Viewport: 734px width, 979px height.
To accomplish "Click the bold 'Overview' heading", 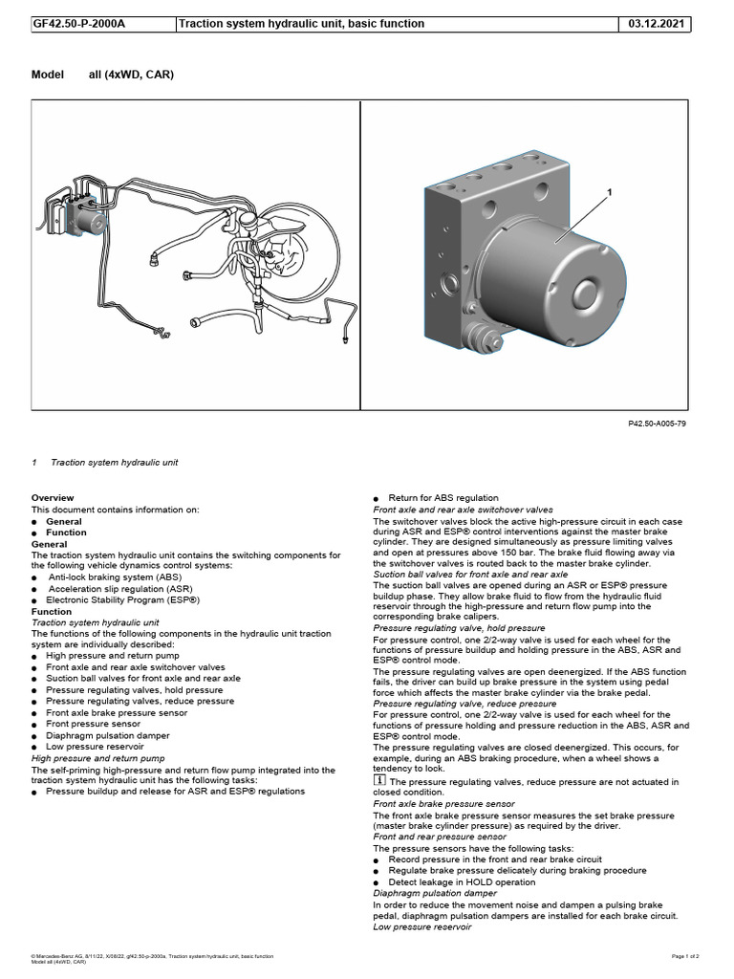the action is pyautogui.click(x=52, y=498).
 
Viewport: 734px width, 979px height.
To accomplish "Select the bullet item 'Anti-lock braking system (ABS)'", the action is pyautogui.click(x=114, y=577).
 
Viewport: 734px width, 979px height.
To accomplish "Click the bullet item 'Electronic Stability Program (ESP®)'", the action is pyautogui.click(x=122, y=600).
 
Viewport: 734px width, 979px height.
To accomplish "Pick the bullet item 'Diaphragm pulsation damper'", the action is pyautogui.click(x=108, y=735).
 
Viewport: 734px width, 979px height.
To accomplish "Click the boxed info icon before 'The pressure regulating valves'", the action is pyautogui.click(x=378, y=781).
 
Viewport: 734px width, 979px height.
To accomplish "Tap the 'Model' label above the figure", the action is pyautogui.click(x=47, y=75).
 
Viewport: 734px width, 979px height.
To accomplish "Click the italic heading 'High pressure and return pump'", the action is pyautogui.click(x=98, y=758).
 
